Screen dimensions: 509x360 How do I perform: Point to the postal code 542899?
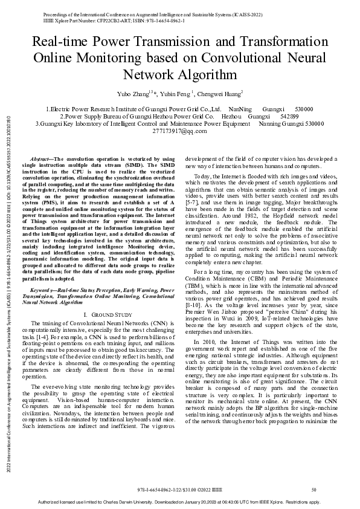point(290,115)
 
